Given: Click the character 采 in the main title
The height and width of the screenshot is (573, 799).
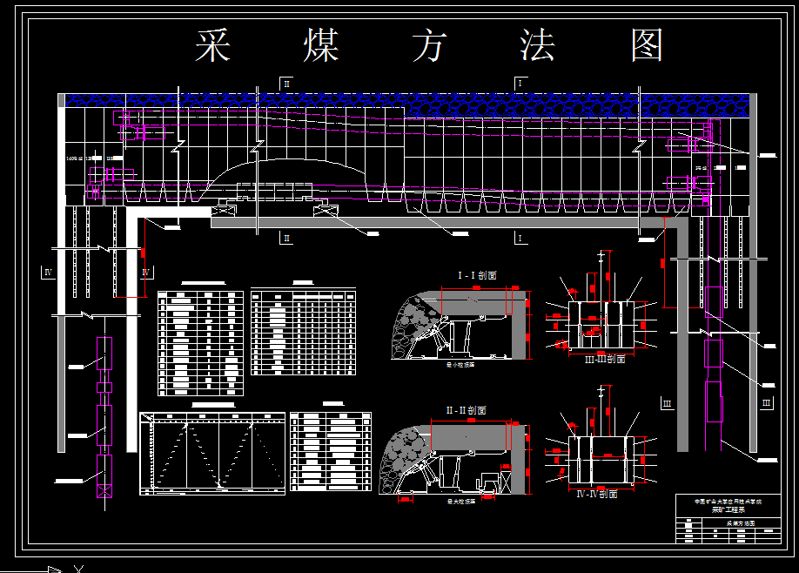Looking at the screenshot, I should point(212,45).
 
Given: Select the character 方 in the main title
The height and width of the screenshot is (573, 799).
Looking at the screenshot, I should point(431,45).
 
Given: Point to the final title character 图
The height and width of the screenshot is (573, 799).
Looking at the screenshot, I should point(648,45).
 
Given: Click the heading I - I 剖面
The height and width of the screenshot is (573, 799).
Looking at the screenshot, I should point(477,275).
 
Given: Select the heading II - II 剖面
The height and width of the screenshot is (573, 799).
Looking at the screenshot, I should point(466,410).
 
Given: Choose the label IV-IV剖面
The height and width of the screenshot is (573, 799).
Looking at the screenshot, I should point(597,494).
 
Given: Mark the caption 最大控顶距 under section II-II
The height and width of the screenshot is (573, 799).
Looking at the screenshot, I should point(460,502).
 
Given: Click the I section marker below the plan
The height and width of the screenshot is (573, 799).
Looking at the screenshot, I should point(520,238).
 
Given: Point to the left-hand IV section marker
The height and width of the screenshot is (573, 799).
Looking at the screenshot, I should point(48,273).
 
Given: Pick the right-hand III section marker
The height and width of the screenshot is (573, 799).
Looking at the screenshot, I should point(766,402).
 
